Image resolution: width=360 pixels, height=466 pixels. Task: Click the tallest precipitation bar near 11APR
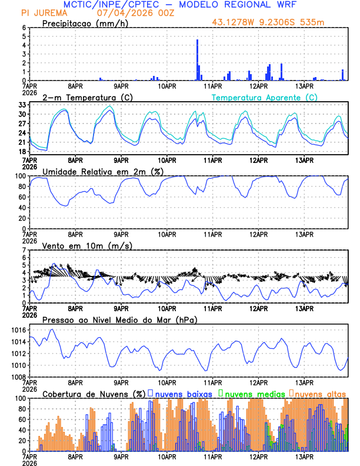[x=197, y=59]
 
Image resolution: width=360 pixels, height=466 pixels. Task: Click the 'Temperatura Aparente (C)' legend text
[x=265, y=97]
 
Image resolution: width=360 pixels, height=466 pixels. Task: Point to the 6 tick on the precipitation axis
[x=24, y=28]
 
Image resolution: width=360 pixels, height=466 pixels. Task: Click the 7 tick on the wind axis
[x=24, y=250]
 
